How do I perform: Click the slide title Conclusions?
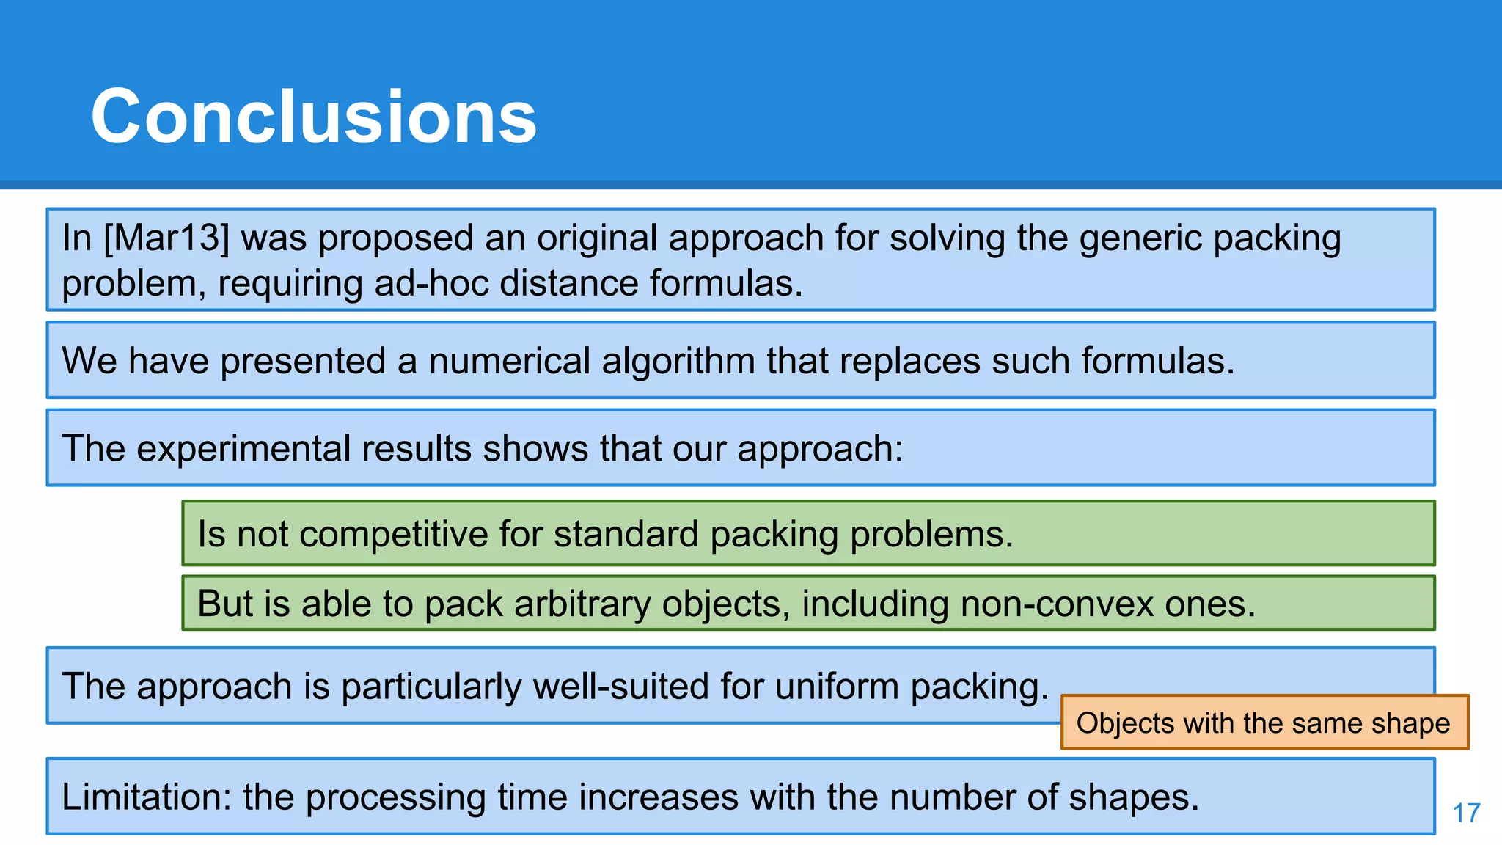point(314,116)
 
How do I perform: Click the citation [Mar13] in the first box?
point(166,238)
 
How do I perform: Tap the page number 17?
point(1466,813)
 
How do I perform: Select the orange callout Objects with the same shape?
point(1264,723)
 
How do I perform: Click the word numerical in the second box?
point(509,361)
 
